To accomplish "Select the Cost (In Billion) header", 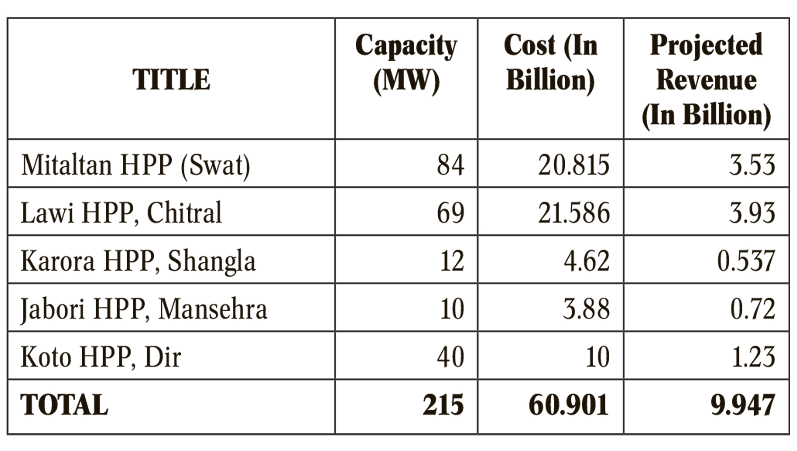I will pyautogui.click(x=551, y=63).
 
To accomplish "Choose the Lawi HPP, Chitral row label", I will pyautogui.click(x=121, y=213).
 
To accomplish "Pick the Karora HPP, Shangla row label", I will pyautogui.click(x=138, y=261).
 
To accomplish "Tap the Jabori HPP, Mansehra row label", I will pyautogui.click(x=144, y=309).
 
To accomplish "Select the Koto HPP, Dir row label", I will pyautogui.click(x=101, y=357).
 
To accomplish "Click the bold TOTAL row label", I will pyautogui.click(x=64, y=405).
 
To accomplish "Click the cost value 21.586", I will pyautogui.click(x=574, y=213).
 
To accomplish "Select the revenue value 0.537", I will pyautogui.click(x=746, y=261).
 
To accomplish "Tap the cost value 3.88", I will pyautogui.click(x=586, y=309).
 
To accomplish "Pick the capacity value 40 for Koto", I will pyautogui.click(x=451, y=357).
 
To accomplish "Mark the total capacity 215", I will pyautogui.click(x=443, y=405).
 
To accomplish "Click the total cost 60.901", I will pyautogui.click(x=569, y=405).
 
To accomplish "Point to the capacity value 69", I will pyautogui.click(x=451, y=213).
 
